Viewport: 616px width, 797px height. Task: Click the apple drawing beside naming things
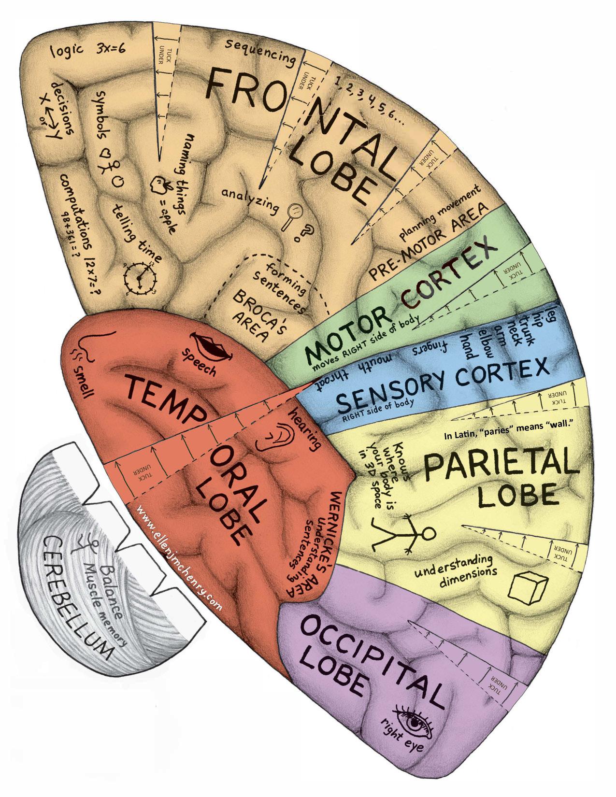click(x=158, y=184)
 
